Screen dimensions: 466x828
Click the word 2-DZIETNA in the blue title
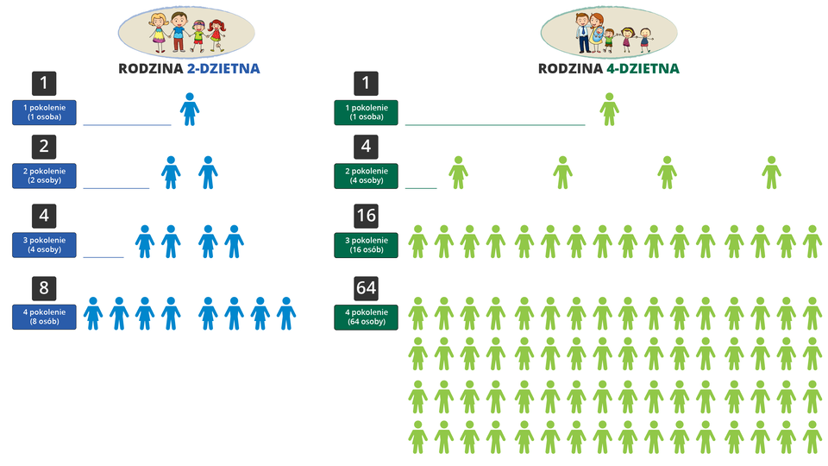(223, 68)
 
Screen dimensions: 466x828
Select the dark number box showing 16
(367, 215)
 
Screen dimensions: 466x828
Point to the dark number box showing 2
(44, 145)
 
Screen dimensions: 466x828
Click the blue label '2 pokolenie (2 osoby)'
(44, 175)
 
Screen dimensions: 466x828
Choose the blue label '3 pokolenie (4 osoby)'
(44, 244)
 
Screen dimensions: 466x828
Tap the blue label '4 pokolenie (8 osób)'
(44, 317)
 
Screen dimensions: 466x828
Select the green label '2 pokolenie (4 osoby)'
(367, 175)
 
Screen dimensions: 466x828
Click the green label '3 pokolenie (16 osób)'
(367, 244)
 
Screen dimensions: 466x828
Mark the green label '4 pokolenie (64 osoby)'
(367, 317)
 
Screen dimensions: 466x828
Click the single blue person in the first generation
(190, 110)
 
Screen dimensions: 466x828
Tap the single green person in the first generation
(610, 110)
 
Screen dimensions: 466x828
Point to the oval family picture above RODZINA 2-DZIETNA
(186, 30)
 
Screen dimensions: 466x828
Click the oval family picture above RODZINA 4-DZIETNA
(608, 30)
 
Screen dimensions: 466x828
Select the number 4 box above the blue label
(44, 215)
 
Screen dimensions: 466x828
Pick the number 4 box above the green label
(367, 145)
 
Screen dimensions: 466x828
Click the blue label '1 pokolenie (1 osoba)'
(44, 112)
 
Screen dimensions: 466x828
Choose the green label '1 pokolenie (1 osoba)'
(367, 112)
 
